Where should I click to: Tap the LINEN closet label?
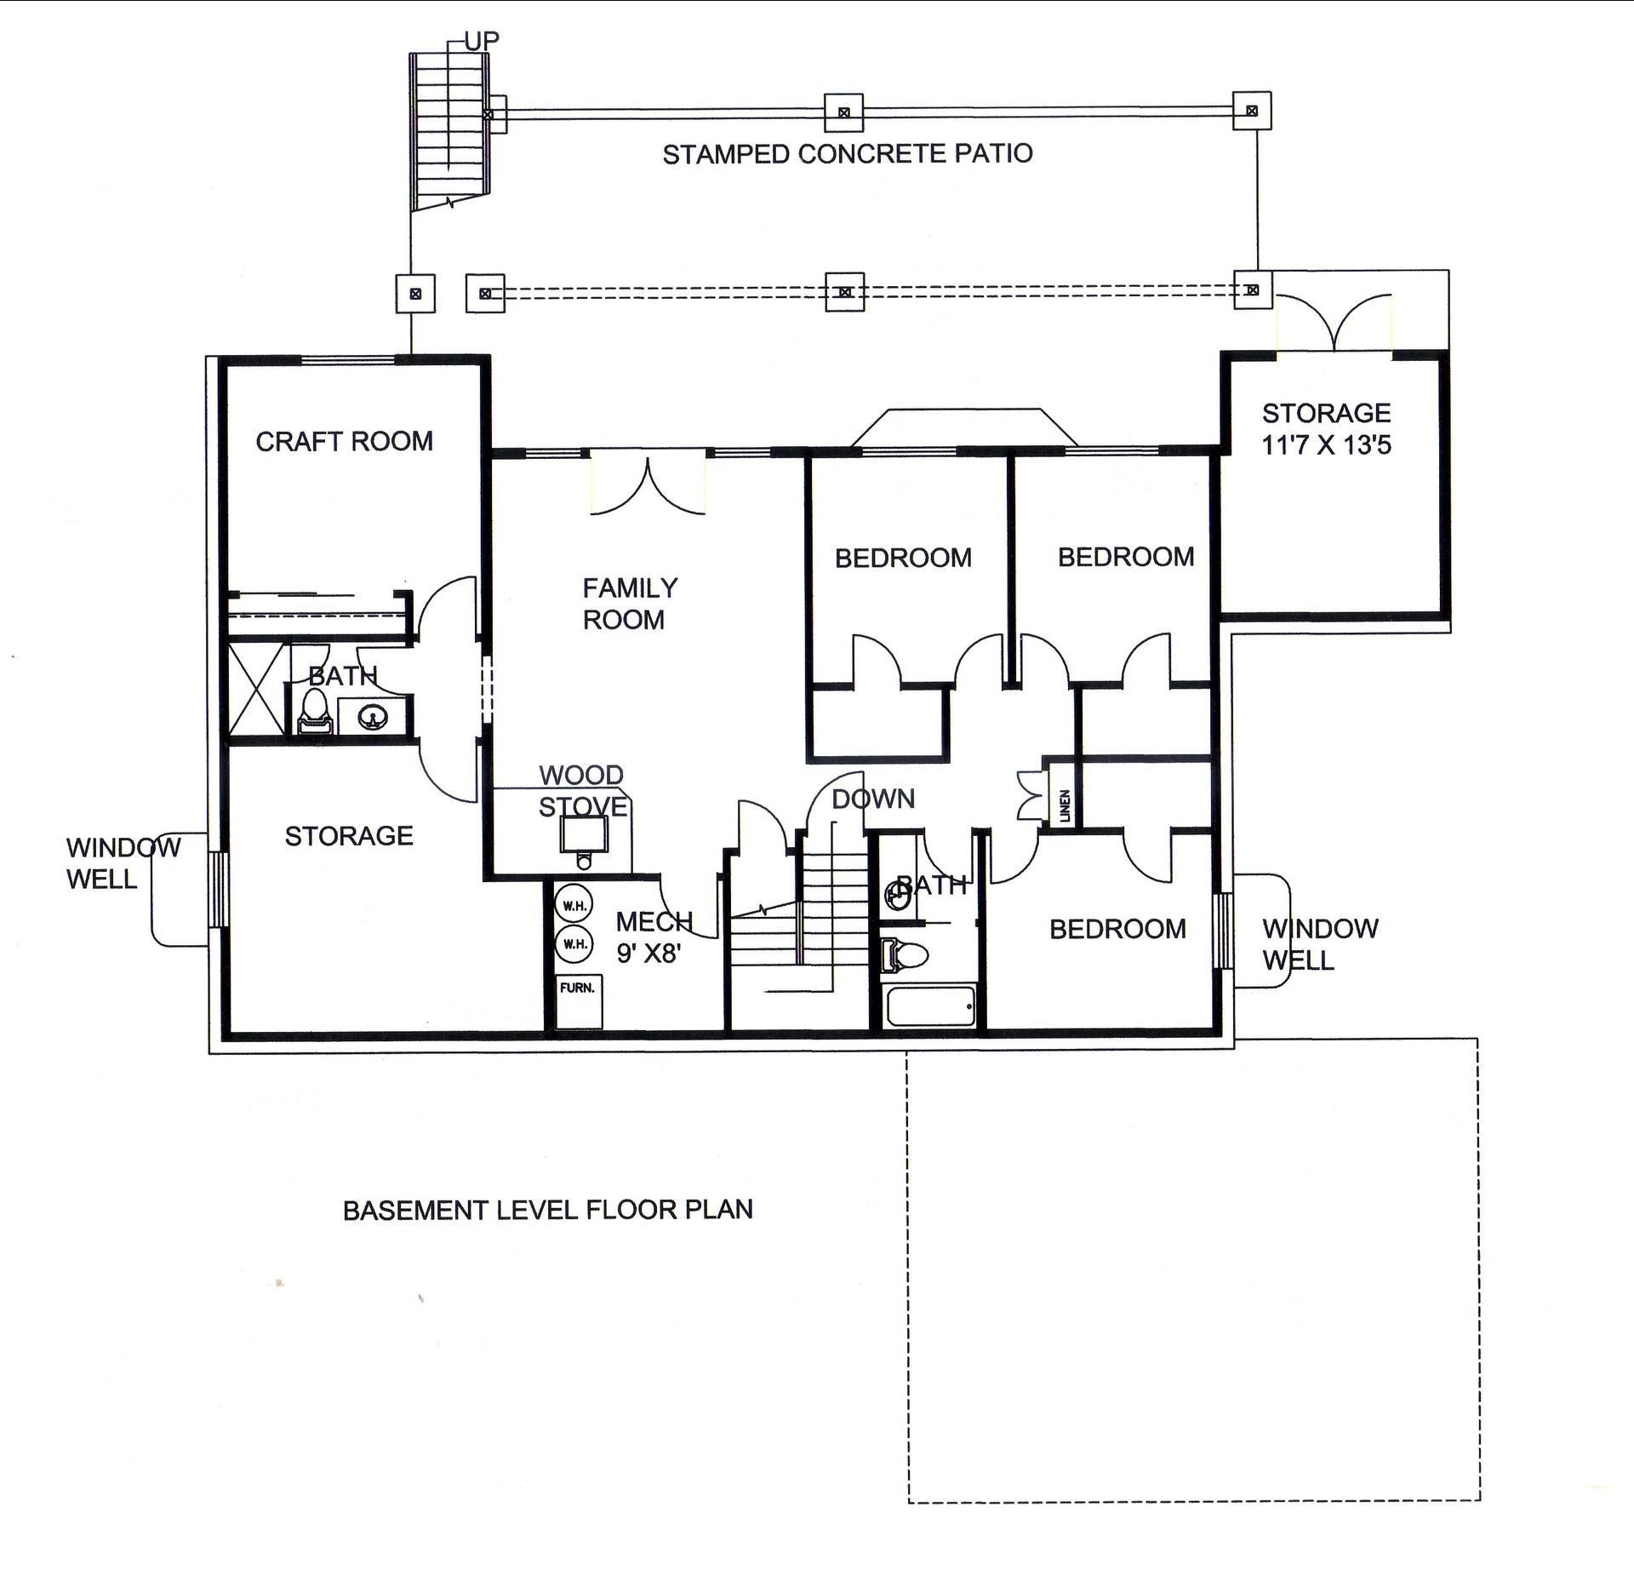[x=1065, y=805]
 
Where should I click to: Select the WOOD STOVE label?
[x=583, y=791]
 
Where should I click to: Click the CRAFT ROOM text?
[x=344, y=441]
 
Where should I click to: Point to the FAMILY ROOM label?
[x=629, y=604]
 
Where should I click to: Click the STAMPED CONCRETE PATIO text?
[x=847, y=154]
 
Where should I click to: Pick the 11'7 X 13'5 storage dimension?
[x=1325, y=444]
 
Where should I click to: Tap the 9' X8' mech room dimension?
[x=648, y=954]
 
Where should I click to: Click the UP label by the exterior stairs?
[x=481, y=40]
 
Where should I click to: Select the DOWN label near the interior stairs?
[x=872, y=799]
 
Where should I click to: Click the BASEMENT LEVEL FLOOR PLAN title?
[x=547, y=1210]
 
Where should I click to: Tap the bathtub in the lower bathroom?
[x=930, y=1005]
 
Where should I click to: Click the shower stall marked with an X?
[x=256, y=688]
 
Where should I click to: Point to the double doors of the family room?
[x=648, y=485]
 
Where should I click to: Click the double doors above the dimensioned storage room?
[x=1334, y=323]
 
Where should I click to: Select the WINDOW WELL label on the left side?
[x=123, y=862]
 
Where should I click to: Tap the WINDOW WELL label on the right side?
[x=1319, y=943]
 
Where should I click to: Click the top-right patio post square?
[x=1252, y=111]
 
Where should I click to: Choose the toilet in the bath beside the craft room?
[x=315, y=711]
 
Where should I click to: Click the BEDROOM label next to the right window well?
[x=1117, y=929]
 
